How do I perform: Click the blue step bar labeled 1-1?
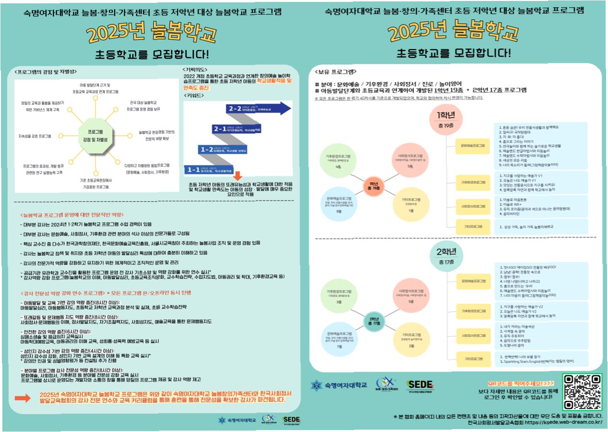(206, 169)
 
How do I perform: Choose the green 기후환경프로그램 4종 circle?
(338, 161)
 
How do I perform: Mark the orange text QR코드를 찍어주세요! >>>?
(521, 384)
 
